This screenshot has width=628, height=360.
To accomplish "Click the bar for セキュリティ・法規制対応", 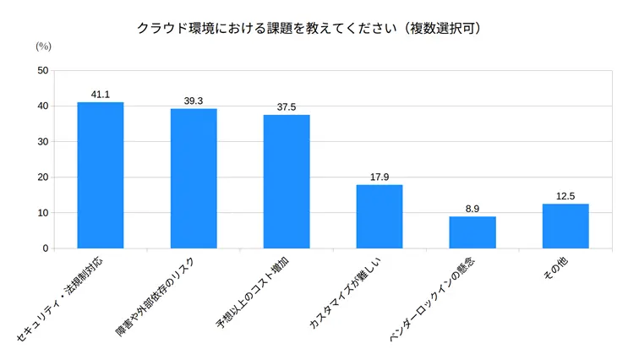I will [x=100, y=175].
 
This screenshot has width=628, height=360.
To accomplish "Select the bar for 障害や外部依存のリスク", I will [x=193, y=178].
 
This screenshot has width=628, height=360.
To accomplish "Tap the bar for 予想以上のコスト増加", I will [x=287, y=182].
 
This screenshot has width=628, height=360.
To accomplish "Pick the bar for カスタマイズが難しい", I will [x=380, y=216].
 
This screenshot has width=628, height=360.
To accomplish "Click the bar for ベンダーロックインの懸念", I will [x=472, y=232].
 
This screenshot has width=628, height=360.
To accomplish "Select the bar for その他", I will [x=565, y=226].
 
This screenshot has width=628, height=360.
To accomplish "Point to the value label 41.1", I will [x=100, y=95].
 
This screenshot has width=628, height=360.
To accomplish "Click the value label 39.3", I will [x=193, y=101].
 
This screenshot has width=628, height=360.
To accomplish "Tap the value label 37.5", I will [x=287, y=107].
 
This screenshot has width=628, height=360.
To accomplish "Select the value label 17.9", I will [x=380, y=177].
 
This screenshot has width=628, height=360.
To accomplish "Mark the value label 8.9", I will [x=472, y=209].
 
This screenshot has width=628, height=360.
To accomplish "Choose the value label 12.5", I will [x=565, y=196].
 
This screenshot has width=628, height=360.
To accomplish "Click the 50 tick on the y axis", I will [x=43, y=71].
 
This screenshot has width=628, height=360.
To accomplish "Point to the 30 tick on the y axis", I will [x=43, y=142].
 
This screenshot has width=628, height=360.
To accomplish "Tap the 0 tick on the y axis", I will [x=46, y=248].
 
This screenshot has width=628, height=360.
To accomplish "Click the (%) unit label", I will [x=44, y=47].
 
